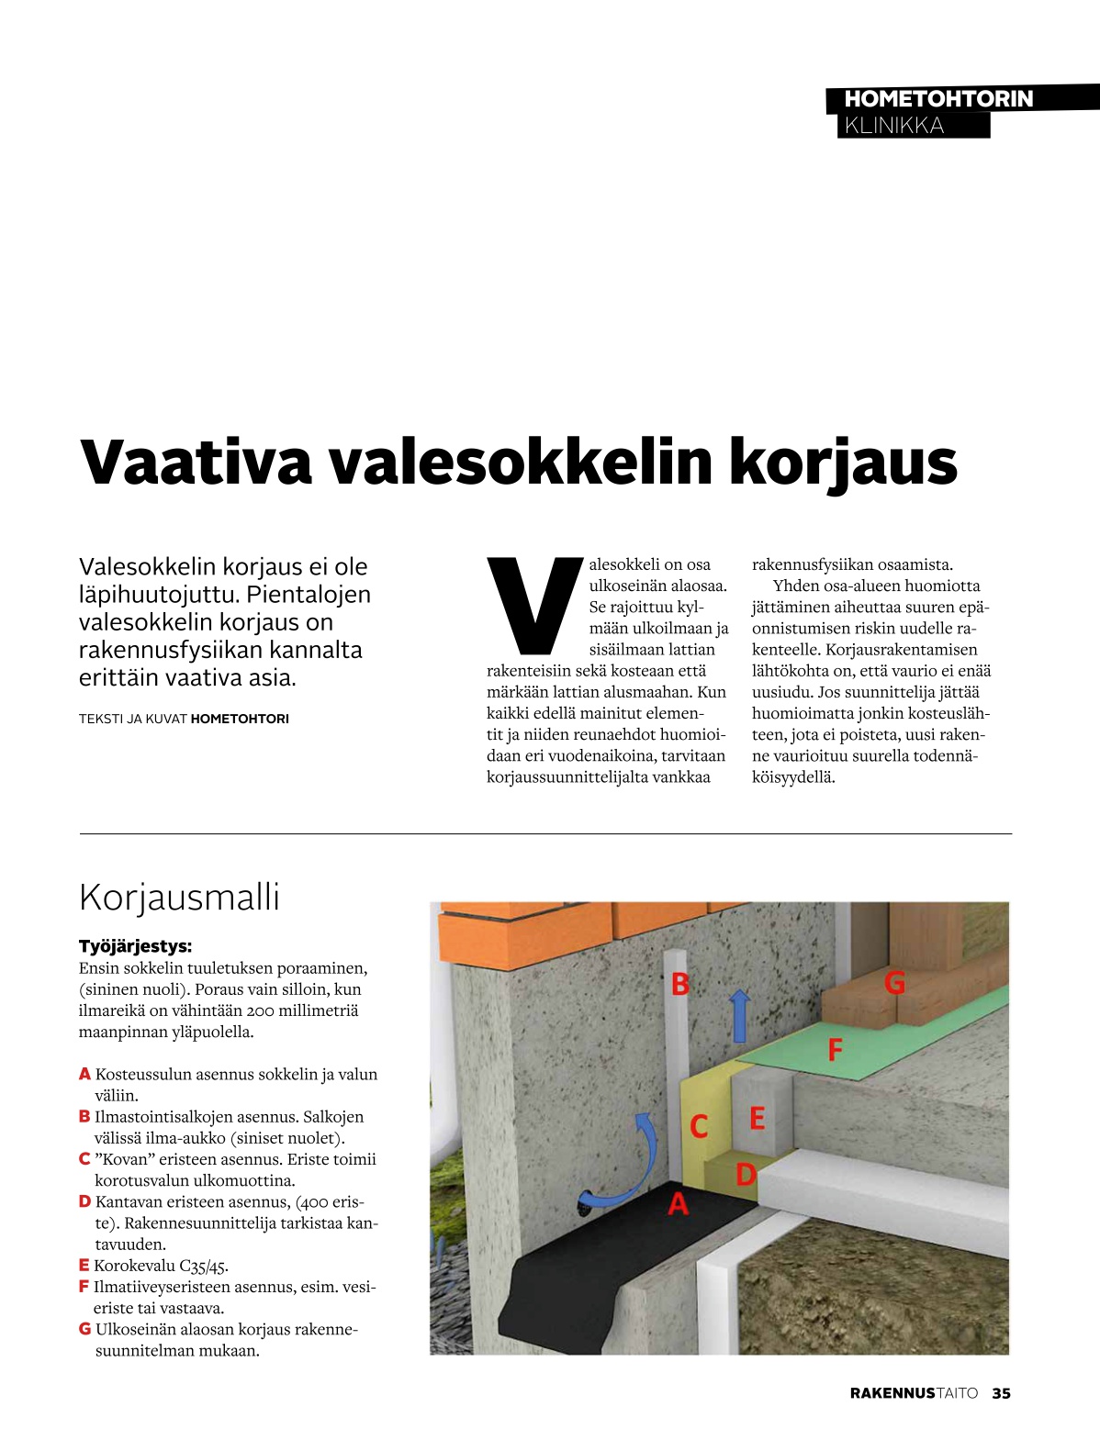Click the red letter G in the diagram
(x=894, y=983)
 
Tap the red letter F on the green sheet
(x=835, y=1049)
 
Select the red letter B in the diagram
(x=679, y=984)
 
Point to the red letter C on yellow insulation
(x=699, y=1126)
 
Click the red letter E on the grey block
(x=757, y=1118)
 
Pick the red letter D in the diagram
(x=746, y=1174)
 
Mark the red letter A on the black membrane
(x=678, y=1203)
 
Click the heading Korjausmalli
(x=179, y=897)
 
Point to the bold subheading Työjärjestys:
(x=135, y=946)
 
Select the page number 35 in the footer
(x=1001, y=1393)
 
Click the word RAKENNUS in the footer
(x=892, y=1393)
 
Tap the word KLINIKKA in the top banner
(x=893, y=126)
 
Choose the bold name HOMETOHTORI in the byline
(x=240, y=719)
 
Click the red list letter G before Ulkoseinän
(x=84, y=1329)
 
